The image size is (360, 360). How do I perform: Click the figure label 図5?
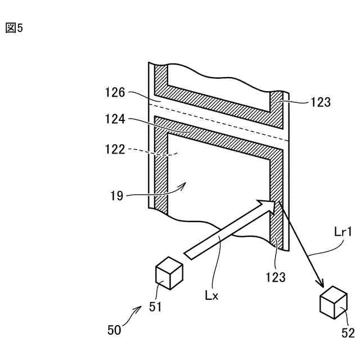point(14,28)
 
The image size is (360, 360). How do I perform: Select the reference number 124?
point(115,120)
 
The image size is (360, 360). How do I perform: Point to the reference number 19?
point(118,196)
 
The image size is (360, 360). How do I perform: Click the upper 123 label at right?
point(321,102)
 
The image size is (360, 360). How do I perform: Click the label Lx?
point(211,294)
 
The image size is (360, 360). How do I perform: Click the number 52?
point(348,332)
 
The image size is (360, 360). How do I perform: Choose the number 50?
point(115,330)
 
